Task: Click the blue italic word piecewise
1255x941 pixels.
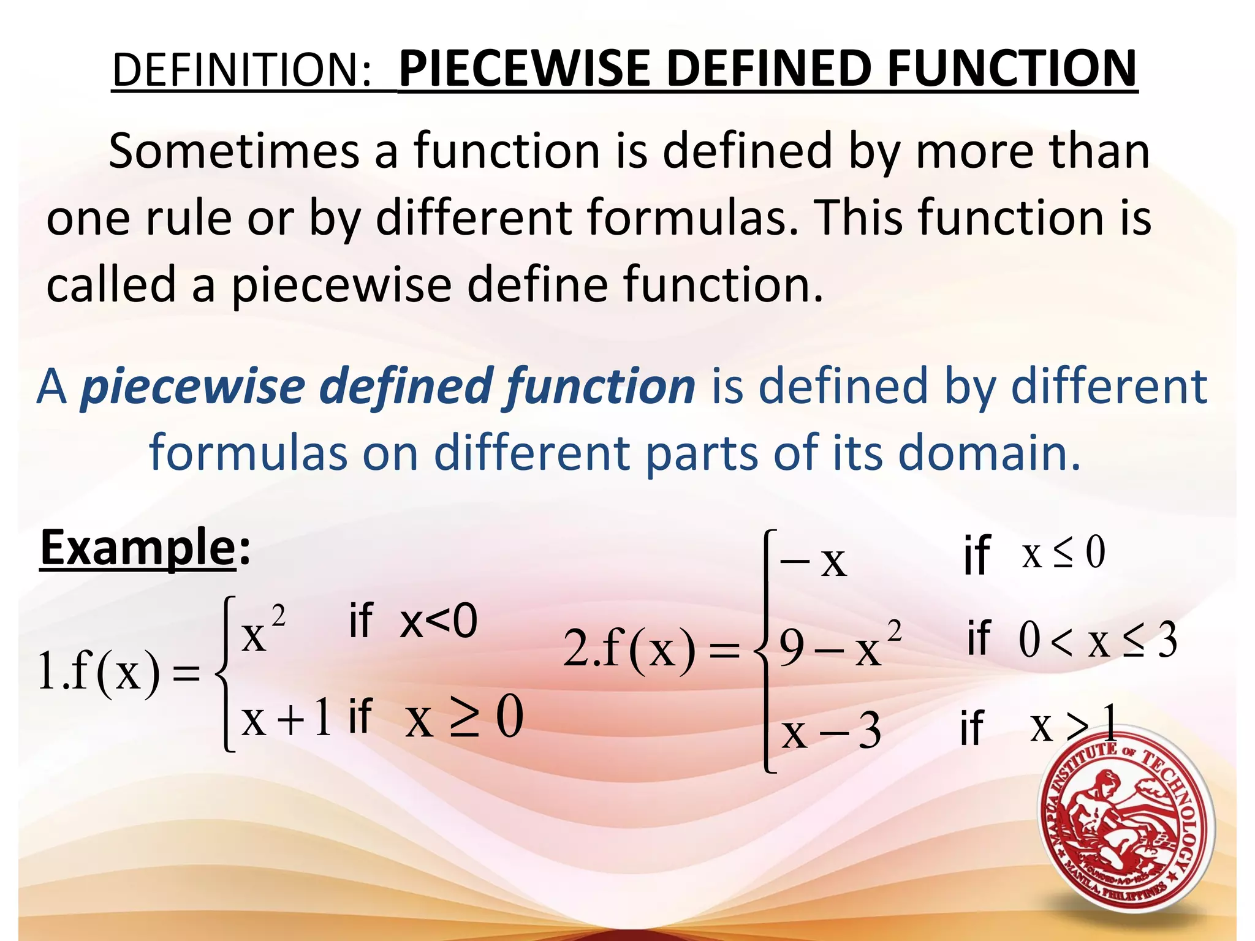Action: [x=193, y=387]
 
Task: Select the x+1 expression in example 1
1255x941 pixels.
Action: [x=287, y=718]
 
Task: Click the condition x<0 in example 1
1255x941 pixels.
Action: [x=438, y=621]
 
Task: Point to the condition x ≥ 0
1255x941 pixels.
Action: [x=464, y=718]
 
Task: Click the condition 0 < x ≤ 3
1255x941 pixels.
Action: [x=1098, y=641]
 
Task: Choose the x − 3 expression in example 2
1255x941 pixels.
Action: [x=831, y=731]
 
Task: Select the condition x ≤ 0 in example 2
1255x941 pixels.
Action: [x=1064, y=553]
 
